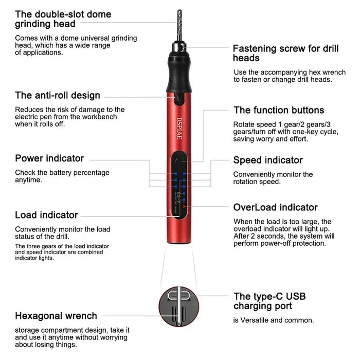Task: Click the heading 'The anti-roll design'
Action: coord(58,96)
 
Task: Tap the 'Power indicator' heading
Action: coord(49,158)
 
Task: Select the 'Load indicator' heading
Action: coord(46,215)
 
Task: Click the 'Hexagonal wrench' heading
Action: coord(56,316)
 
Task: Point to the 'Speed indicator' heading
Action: coord(268,160)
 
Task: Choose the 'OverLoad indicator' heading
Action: coord(276,208)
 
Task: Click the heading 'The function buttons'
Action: coord(279,110)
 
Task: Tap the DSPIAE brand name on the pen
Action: coord(179,129)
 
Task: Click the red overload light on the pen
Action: coord(184,207)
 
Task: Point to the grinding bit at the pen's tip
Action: coord(179,25)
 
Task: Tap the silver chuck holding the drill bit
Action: coord(179,47)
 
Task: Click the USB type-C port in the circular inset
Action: coord(178,296)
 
